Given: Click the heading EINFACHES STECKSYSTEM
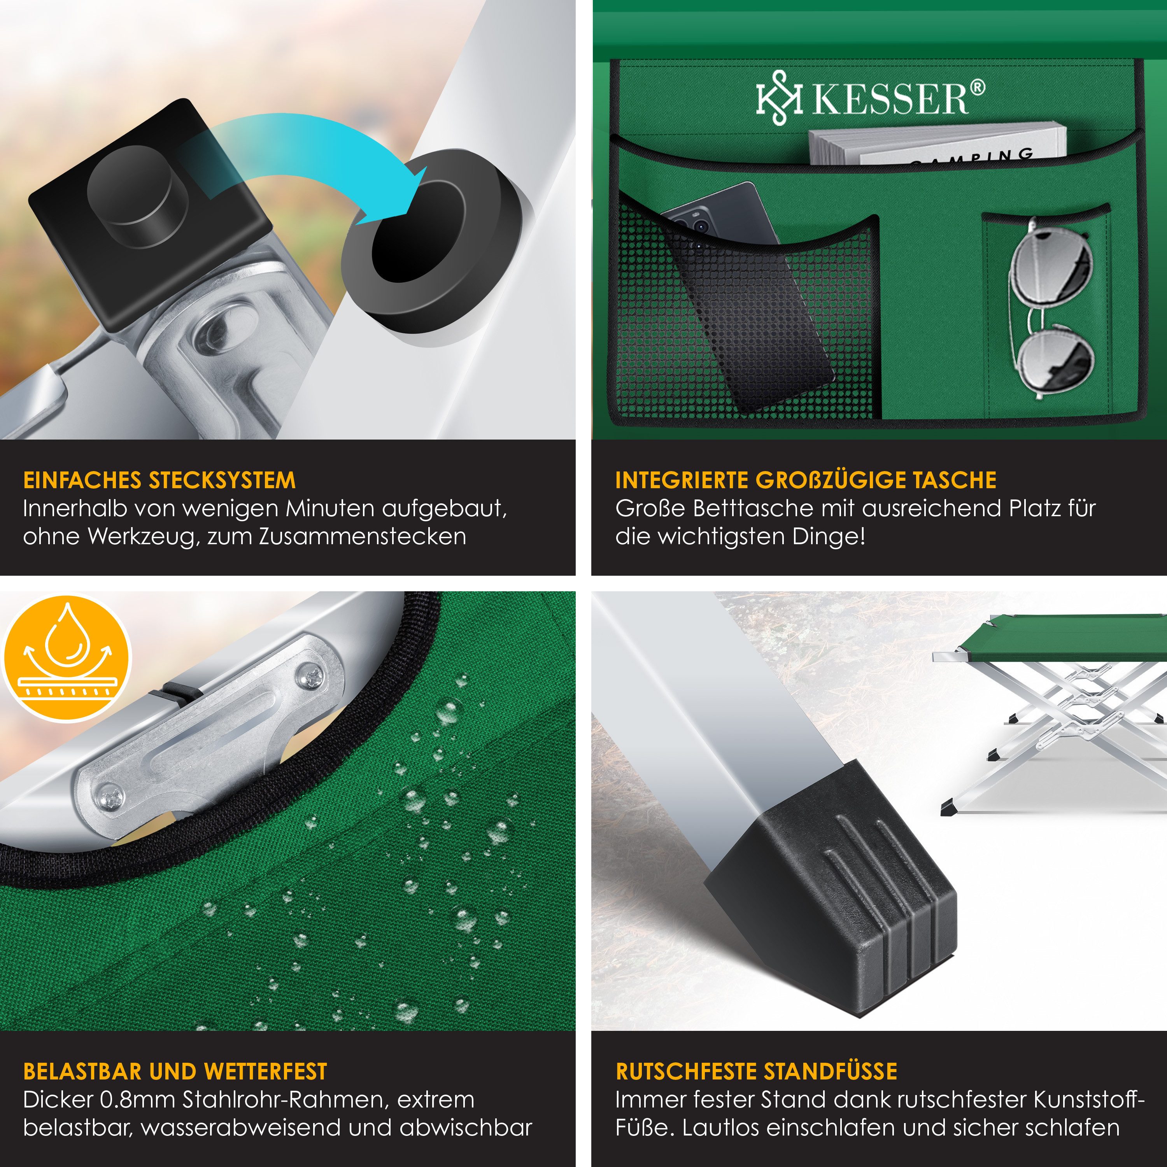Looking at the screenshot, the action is [x=159, y=480].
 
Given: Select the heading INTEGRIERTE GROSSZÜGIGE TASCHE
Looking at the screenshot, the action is [x=806, y=480].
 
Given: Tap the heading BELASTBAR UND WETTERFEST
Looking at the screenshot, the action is [x=175, y=1072].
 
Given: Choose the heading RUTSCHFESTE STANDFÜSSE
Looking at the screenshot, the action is [x=756, y=1072].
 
